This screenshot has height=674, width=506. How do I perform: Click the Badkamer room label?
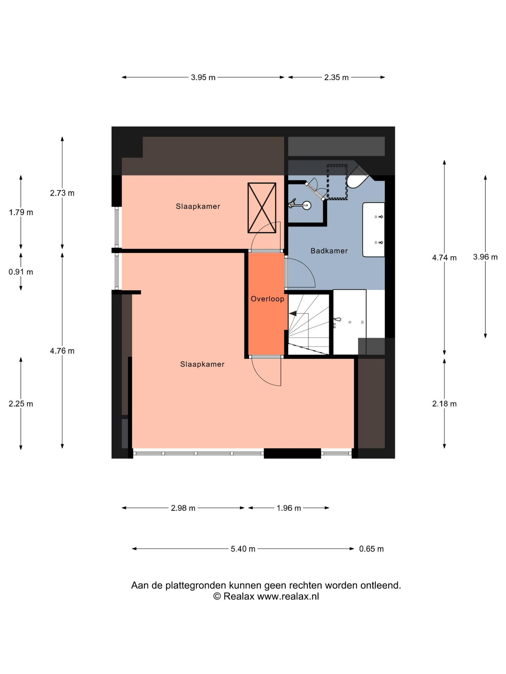[x=329, y=251]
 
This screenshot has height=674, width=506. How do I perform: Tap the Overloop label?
[x=267, y=299]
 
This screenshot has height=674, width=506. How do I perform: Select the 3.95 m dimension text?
[x=203, y=77]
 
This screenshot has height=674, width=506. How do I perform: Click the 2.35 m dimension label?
[x=336, y=77]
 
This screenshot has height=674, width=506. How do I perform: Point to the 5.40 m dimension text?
[x=243, y=549]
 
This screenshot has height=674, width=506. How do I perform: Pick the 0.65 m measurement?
[x=371, y=549]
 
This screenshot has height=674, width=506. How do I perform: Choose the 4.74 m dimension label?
[x=444, y=258]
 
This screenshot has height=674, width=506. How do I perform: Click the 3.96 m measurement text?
[x=485, y=257]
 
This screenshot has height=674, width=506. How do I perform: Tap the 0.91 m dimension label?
[x=21, y=272]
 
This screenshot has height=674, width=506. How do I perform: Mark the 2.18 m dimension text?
[x=444, y=404]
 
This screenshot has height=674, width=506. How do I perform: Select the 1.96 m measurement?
[x=288, y=508]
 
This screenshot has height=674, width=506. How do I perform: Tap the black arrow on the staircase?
[x=293, y=314]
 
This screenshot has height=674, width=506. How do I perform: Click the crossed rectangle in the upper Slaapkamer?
[x=262, y=207]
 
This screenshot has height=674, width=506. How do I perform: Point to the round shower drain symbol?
[x=307, y=205]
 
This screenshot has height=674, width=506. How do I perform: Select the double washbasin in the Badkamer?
[x=374, y=230]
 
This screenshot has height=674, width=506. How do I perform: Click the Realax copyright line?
[x=266, y=596]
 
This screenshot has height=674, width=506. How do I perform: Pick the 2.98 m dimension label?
[x=183, y=508]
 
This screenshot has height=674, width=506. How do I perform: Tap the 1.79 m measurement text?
[x=21, y=212]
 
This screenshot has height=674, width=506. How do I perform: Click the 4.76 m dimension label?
[x=62, y=351]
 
